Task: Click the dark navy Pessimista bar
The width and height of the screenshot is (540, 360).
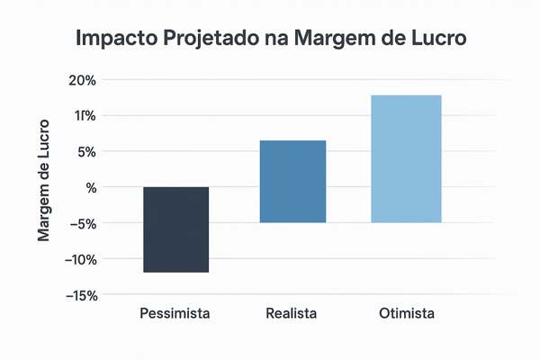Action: (175, 229)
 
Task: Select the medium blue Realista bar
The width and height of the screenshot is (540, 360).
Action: (292, 181)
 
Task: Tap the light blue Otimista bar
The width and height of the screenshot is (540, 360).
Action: (406, 158)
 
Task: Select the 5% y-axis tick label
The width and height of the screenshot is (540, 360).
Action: (85, 151)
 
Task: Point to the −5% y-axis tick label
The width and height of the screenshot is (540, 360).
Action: (82, 223)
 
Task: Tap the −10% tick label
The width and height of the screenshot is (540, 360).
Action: (79, 259)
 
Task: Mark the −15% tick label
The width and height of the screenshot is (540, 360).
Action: (79, 295)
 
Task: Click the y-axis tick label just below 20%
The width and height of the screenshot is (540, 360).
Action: (84, 115)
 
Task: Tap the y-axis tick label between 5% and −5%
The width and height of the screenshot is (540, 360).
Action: (90, 187)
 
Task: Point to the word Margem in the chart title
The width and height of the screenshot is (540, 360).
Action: (332, 40)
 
